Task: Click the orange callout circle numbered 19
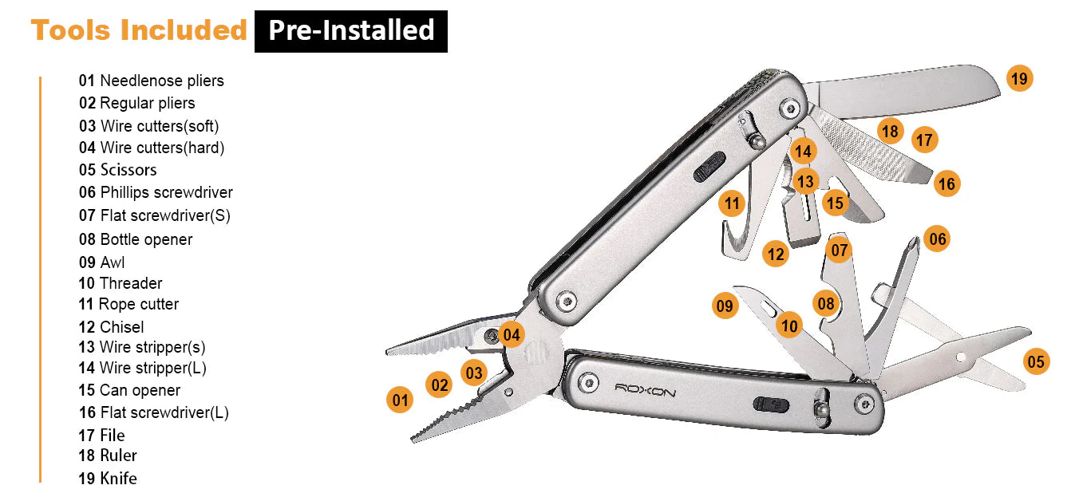(x=1019, y=78)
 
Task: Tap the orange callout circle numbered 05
(x=1036, y=361)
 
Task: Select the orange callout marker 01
(x=400, y=400)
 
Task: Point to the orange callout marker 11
(x=732, y=203)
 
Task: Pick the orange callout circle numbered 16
(x=947, y=183)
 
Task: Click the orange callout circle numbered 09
(x=725, y=306)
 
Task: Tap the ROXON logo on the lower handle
(x=645, y=390)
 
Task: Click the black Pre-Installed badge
(x=351, y=31)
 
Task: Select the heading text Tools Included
(x=139, y=30)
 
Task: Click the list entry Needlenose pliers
(x=151, y=81)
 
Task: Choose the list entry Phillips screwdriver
(x=156, y=192)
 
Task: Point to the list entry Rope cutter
(x=128, y=304)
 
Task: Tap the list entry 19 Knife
(x=108, y=478)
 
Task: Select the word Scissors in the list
(x=128, y=170)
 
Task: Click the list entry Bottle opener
(x=136, y=239)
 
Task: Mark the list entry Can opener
(x=129, y=390)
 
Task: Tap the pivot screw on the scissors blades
(x=961, y=357)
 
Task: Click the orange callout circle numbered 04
(x=511, y=334)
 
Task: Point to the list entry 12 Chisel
(x=111, y=327)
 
